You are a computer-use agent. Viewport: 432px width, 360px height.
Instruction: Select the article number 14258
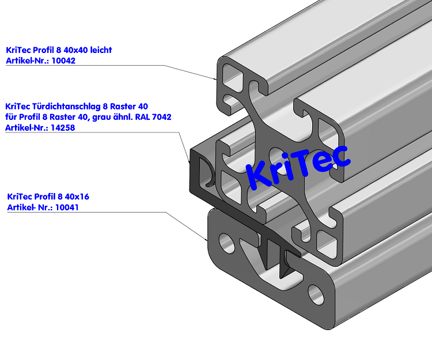pyautogui.click(x=64, y=128)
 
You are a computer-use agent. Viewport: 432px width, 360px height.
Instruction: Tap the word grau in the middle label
pyautogui.click(x=104, y=117)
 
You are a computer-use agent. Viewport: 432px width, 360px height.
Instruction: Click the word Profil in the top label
pyautogui.click(x=43, y=50)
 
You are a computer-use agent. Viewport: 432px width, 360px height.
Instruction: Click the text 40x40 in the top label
pyautogui.click(x=73, y=50)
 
